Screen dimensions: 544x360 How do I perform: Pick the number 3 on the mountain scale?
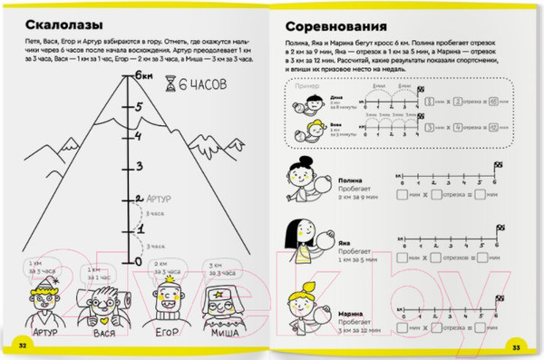tap(140, 167)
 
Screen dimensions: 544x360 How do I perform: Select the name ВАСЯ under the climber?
tap(99, 333)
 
